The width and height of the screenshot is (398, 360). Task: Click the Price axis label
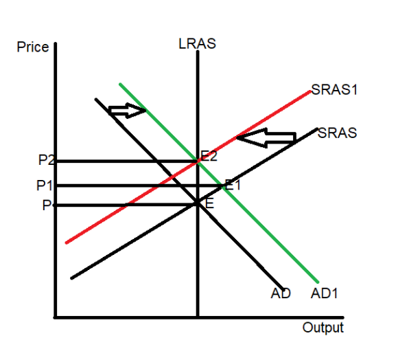pos(33,47)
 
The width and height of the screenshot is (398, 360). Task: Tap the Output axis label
pos(323,327)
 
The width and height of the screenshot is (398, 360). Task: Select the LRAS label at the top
pos(197,43)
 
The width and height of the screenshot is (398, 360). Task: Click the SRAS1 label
pos(334,89)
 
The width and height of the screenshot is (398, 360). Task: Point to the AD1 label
pos(324,293)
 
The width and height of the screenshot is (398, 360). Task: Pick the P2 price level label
pos(47,160)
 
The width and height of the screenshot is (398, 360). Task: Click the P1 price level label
pos(45,185)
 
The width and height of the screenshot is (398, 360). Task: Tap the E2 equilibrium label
pos(209,156)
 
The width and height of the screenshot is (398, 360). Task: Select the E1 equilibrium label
pos(233,185)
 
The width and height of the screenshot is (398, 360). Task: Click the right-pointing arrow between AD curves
pos(127,110)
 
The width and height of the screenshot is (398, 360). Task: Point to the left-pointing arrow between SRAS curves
pos(266,137)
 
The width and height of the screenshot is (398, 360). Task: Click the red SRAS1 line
pos(188,167)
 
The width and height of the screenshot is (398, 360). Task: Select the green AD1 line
pos(219,183)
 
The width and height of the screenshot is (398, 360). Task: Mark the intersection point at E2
pos(198,161)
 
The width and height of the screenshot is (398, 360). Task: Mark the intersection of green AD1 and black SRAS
pos(222,186)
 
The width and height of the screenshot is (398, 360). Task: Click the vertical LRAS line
pos(198,184)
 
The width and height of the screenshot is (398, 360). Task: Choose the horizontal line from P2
pos(126,161)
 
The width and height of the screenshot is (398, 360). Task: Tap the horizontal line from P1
pos(139,186)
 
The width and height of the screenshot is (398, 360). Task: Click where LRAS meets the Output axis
pos(198,317)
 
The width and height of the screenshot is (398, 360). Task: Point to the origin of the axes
pos(56,317)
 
